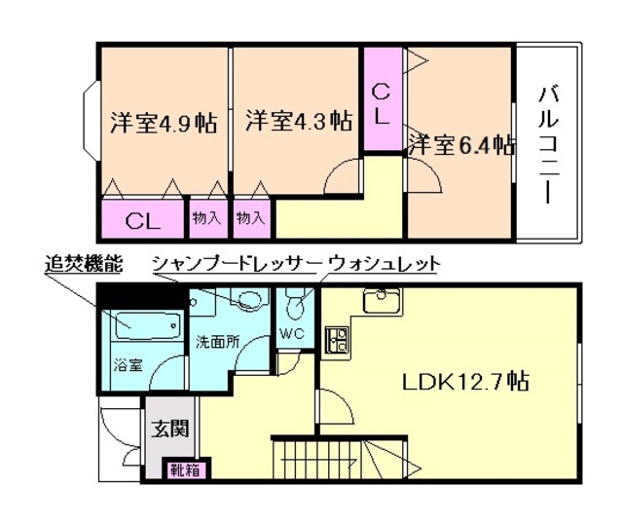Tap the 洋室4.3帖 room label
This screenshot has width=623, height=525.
click(x=298, y=122)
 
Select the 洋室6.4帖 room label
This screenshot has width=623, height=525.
click(x=460, y=146)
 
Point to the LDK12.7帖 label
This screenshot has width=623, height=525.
click(x=465, y=381)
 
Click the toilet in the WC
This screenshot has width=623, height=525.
click(x=296, y=311)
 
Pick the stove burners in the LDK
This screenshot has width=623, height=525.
click(x=339, y=342)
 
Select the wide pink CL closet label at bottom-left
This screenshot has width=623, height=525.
click(x=142, y=219)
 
